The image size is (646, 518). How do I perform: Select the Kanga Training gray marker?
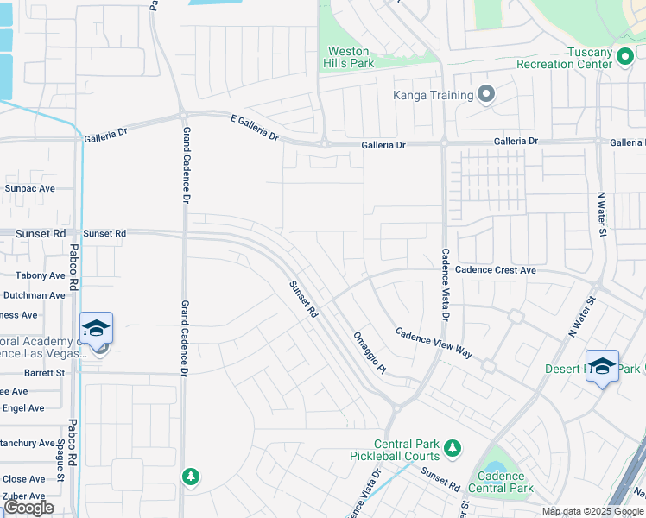[x=486, y=94]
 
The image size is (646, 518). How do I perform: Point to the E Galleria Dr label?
[x=254, y=130]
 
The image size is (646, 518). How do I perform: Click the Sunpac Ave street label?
[x=29, y=188]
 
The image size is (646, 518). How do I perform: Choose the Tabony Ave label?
[x=40, y=276]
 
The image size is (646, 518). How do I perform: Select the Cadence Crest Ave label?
[x=496, y=270]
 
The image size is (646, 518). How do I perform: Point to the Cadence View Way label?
[x=434, y=343]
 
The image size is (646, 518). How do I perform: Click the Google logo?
[x=28, y=508]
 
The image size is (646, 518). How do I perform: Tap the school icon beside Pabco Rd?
[x=97, y=329]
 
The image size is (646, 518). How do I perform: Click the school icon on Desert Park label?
[x=602, y=366]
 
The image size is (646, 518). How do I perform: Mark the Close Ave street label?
[x=23, y=479]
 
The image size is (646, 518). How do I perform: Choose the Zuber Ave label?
[x=23, y=496]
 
